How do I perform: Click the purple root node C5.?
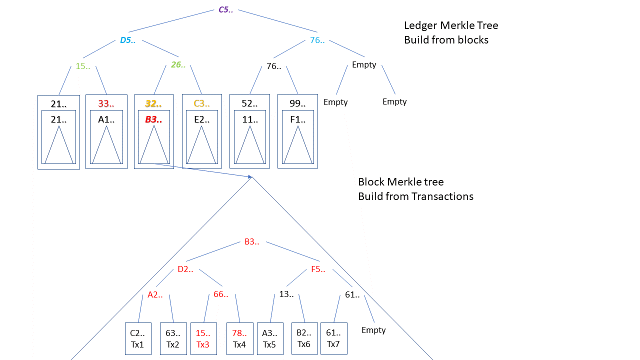(x=225, y=9)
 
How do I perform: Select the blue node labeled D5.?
(x=128, y=40)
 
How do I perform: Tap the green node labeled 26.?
(x=178, y=64)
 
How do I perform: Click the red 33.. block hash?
(x=106, y=104)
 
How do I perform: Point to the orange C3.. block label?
(x=201, y=104)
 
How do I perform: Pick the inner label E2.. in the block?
(x=201, y=119)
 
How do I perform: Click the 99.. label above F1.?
(x=297, y=104)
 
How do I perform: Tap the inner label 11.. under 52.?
(x=249, y=119)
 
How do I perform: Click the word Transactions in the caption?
(x=442, y=196)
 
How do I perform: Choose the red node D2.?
(x=185, y=269)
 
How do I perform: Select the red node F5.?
(x=318, y=269)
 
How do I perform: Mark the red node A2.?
(x=155, y=294)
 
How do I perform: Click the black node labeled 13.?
(x=286, y=294)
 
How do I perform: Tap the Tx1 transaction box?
(x=137, y=338)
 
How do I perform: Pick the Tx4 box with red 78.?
(x=240, y=338)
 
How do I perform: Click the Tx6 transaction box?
(x=304, y=338)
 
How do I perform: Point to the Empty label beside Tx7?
(x=373, y=330)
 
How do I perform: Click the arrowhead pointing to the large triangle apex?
(x=249, y=176)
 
